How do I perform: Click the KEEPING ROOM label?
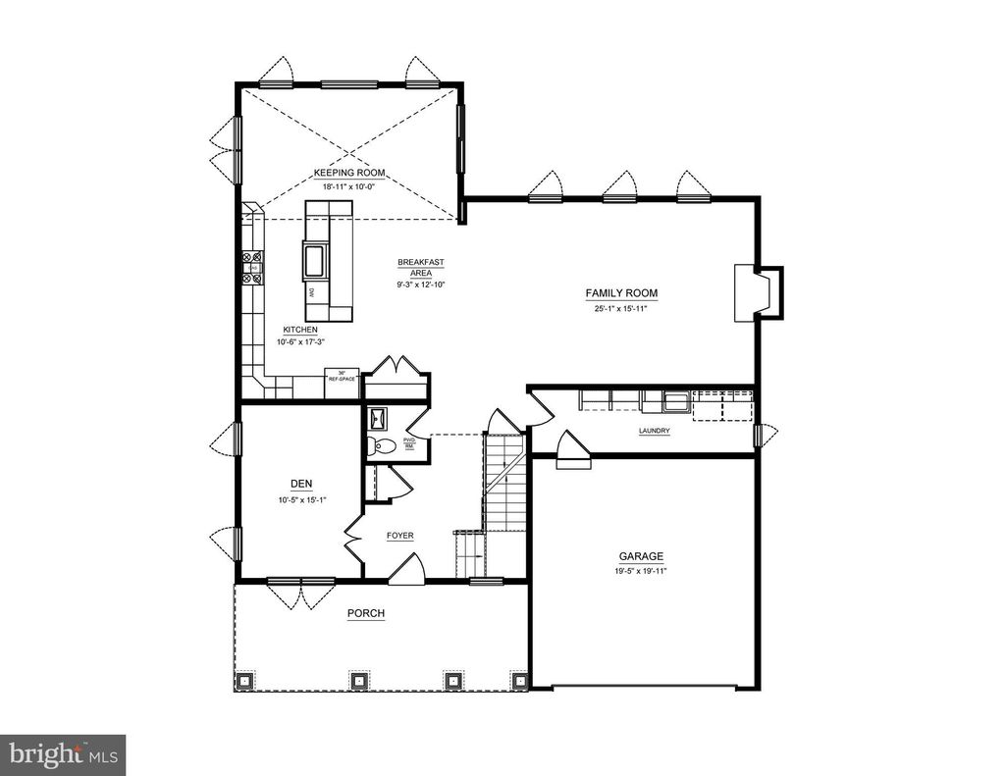[348, 173]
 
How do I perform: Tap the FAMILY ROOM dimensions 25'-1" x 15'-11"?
[621, 309]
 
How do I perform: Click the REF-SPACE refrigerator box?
[341, 375]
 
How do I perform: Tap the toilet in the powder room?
[383, 447]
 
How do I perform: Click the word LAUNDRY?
[654, 431]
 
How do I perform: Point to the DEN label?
[300, 484]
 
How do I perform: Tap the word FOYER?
[399, 537]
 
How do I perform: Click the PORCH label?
[365, 614]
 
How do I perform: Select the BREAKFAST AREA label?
[421, 267]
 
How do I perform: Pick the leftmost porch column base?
[244, 679]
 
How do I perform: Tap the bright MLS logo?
[63, 754]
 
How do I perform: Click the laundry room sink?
[675, 400]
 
